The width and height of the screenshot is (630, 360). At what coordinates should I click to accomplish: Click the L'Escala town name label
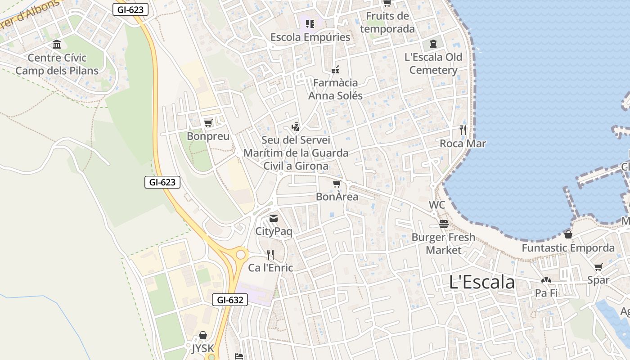(482, 282)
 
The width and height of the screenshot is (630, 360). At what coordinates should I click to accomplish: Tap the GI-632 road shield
(230, 300)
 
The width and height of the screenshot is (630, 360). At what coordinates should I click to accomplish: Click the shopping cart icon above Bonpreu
(208, 123)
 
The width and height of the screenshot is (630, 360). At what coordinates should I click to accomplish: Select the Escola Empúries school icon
(310, 23)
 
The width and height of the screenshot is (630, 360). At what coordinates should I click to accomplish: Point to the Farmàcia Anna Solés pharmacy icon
(335, 69)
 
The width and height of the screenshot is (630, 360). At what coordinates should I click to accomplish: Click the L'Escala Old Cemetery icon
(433, 44)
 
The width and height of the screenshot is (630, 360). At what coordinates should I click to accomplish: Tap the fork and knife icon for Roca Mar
(463, 130)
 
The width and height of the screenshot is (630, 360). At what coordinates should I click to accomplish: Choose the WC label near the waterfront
(436, 205)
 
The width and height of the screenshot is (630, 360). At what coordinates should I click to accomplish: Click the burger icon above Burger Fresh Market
(444, 224)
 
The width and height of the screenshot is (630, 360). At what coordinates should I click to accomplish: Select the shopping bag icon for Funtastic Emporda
(568, 234)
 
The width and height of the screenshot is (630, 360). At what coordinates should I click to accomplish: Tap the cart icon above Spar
(598, 267)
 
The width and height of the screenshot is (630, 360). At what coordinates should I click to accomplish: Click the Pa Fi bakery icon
(546, 280)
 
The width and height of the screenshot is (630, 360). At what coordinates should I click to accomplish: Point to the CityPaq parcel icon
(274, 218)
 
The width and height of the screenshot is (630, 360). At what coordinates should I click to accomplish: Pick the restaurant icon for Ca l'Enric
(270, 255)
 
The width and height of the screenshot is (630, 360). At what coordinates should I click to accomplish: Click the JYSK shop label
(202, 349)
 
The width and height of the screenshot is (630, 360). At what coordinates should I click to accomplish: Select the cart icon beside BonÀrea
(337, 184)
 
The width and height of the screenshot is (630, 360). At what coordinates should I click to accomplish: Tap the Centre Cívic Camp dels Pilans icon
(57, 45)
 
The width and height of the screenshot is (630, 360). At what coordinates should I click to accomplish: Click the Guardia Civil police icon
(295, 127)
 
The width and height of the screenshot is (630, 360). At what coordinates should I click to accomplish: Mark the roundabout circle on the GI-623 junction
(241, 255)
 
